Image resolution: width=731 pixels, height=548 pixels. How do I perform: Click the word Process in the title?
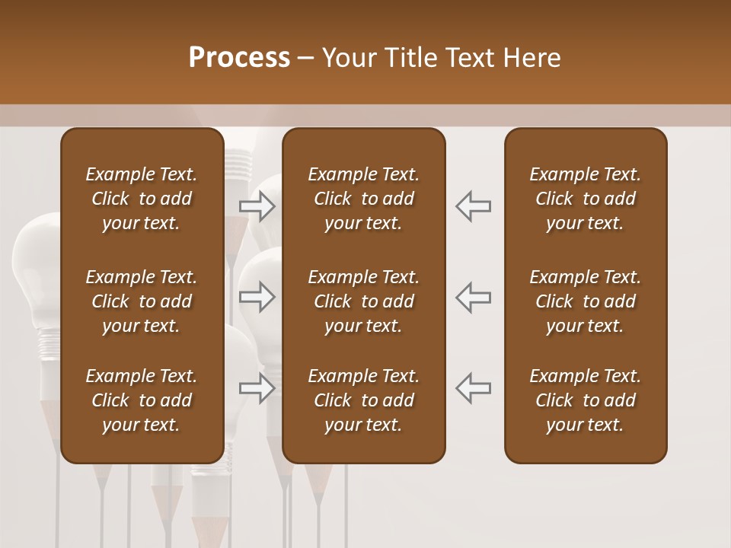pyautogui.click(x=239, y=58)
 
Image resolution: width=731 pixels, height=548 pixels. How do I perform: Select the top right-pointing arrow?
pyautogui.click(x=257, y=205)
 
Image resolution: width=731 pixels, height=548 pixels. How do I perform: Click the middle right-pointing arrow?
pyautogui.click(x=257, y=297)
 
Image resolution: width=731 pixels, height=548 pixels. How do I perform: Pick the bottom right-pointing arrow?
pyautogui.click(x=257, y=388)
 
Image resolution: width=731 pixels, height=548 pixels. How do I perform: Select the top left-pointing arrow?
pyautogui.click(x=474, y=205)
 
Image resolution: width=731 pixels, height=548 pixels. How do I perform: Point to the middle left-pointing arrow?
pyautogui.click(x=474, y=297)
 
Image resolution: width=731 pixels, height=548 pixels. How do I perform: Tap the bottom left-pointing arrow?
pyautogui.click(x=474, y=388)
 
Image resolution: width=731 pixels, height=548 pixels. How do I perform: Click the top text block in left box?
pyautogui.click(x=142, y=199)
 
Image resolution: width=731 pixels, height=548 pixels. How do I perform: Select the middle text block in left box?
pyautogui.click(x=142, y=301)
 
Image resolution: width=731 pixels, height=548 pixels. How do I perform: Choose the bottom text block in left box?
pyautogui.click(x=142, y=400)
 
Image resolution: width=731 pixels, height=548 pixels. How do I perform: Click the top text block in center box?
pyautogui.click(x=364, y=199)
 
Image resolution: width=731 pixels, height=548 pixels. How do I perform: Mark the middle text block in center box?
pyautogui.click(x=364, y=301)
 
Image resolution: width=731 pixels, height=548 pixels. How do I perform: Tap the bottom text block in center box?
pyautogui.click(x=364, y=400)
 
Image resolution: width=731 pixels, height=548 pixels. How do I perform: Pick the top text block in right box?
pyautogui.click(x=586, y=199)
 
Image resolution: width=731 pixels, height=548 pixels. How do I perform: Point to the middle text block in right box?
pyautogui.click(x=586, y=301)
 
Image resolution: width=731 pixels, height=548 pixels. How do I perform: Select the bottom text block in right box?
pyautogui.click(x=586, y=400)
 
